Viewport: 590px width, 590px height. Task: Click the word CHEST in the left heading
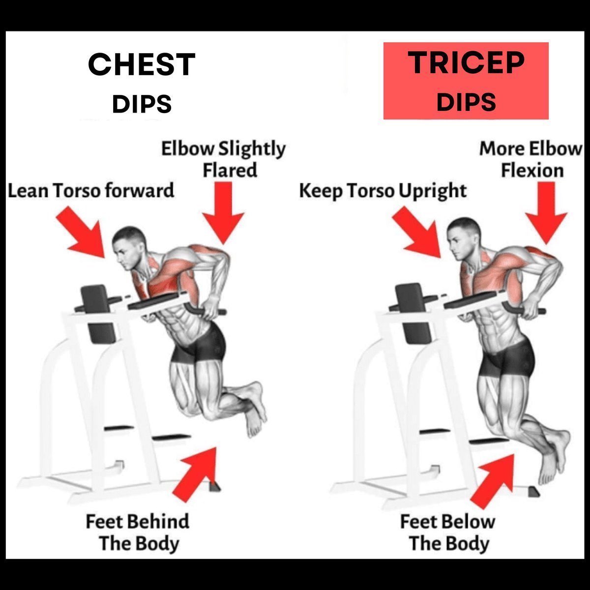click(x=142, y=64)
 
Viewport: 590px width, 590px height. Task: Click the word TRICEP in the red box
click(x=466, y=62)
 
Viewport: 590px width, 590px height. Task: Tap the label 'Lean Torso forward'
click(x=91, y=190)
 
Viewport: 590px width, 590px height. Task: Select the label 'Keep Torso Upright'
click(x=383, y=190)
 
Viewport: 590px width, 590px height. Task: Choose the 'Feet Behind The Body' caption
click(x=138, y=532)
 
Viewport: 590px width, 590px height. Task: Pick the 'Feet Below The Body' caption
click(x=448, y=532)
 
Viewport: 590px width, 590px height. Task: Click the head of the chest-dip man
click(x=129, y=248)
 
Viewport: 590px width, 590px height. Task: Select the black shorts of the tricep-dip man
click(x=506, y=357)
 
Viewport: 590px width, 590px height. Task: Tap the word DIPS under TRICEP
click(x=466, y=102)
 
